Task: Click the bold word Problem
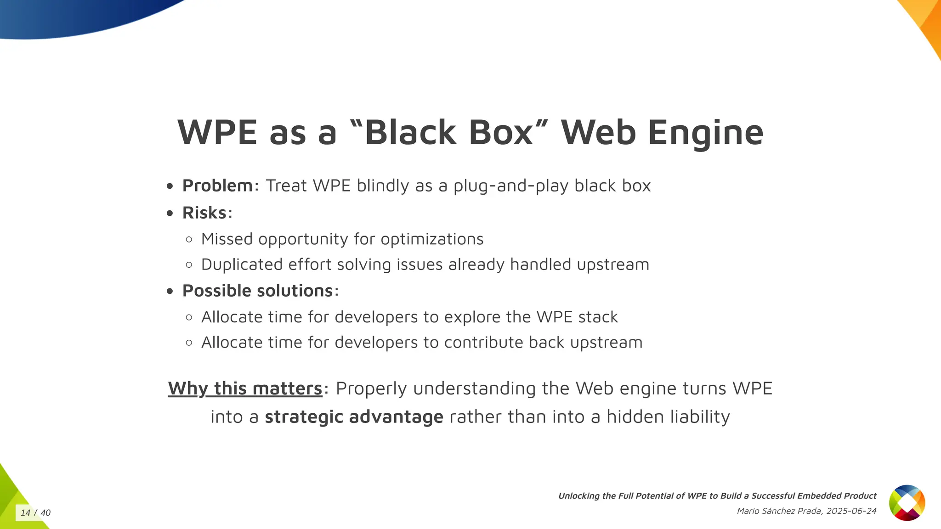[217, 186]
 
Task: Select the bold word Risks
[204, 213]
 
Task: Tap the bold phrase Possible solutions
[257, 291]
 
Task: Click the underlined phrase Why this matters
[245, 388]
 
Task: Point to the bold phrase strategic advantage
[354, 417]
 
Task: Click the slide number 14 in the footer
[25, 513]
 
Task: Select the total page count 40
[45, 513]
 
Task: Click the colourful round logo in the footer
[907, 503]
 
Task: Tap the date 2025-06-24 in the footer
[851, 511]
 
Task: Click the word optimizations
[432, 239]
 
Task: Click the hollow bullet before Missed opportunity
[189, 240]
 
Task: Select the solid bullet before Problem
[170, 186]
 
